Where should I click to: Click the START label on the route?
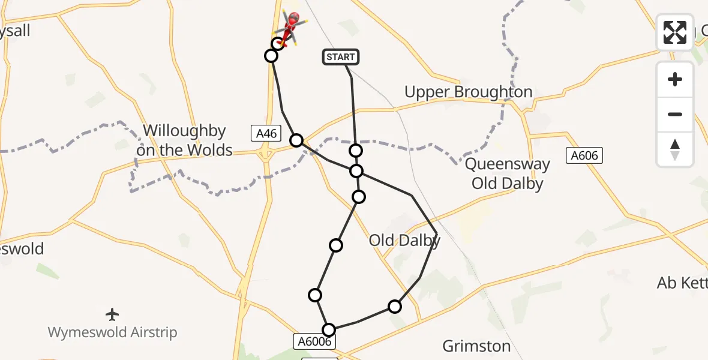point(341,57)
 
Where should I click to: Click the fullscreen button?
point(675,32)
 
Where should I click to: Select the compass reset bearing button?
point(675,149)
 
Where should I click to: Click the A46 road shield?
point(266,133)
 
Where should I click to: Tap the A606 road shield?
point(584,156)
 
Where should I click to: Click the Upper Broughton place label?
point(468,92)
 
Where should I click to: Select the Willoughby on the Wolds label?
point(184,140)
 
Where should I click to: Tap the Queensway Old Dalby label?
point(507,174)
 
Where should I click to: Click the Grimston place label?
point(476,346)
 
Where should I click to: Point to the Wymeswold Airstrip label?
point(112,332)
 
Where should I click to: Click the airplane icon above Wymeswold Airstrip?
point(112,314)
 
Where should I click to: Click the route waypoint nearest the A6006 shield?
point(329,329)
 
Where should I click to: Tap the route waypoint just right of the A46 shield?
point(296,140)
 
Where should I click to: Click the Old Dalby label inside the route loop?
point(404,241)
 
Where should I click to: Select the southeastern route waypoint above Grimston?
point(394,307)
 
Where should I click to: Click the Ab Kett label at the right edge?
point(682,283)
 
